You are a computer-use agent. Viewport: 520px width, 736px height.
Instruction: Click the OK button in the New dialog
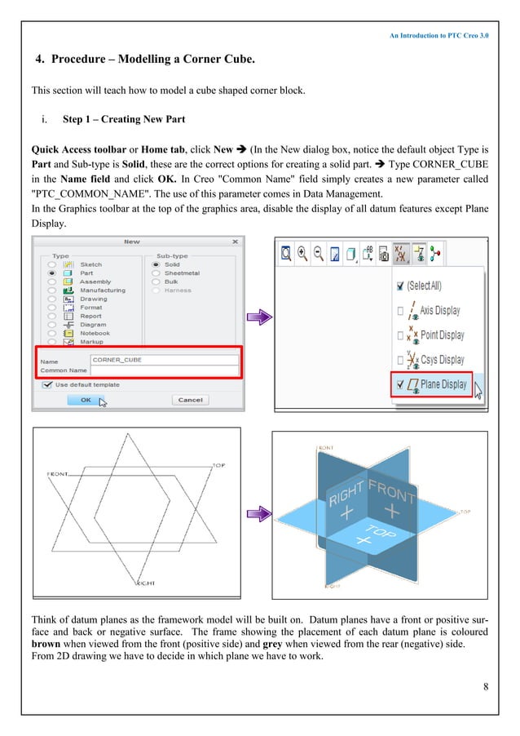coord(86,400)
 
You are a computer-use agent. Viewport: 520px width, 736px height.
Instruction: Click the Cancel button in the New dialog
coord(190,400)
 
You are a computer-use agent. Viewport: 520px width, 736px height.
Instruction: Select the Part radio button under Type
coord(53,273)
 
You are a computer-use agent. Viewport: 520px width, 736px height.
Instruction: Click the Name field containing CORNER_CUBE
coord(163,359)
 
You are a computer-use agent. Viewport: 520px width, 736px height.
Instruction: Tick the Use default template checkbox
coord(48,385)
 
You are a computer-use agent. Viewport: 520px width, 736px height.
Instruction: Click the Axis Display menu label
coord(440,311)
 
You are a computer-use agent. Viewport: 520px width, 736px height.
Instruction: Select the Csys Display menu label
coord(442,360)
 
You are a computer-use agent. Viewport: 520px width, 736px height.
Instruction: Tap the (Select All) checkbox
coord(399,286)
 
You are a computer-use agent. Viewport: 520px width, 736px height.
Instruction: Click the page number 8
coord(486,685)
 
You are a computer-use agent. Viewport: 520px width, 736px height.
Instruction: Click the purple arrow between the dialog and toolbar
coord(258,318)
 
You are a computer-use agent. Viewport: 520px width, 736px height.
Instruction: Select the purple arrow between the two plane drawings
coord(258,514)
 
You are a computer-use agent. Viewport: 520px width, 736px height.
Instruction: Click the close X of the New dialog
coord(235,242)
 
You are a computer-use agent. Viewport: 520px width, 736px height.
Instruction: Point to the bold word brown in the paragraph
coord(46,644)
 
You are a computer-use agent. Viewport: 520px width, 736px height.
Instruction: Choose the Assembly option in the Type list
coord(95,282)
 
